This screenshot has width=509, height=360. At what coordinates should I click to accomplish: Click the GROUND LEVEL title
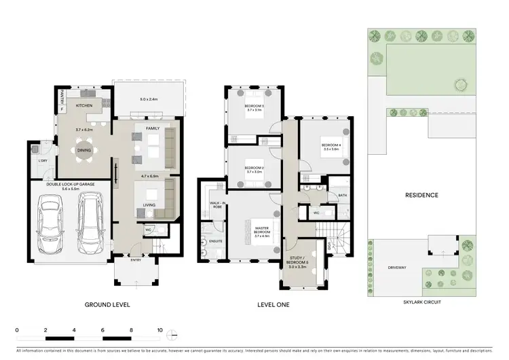[x=107, y=305]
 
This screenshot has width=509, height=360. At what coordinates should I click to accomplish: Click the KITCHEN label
[x=84, y=107]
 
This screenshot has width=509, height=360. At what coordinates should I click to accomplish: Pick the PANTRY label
[x=61, y=98]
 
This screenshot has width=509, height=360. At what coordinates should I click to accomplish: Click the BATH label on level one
[x=343, y=196]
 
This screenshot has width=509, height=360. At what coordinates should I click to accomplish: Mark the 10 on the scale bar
[x=159, y=329]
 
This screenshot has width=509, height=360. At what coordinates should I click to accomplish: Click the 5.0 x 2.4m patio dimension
[x=148, y=100]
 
